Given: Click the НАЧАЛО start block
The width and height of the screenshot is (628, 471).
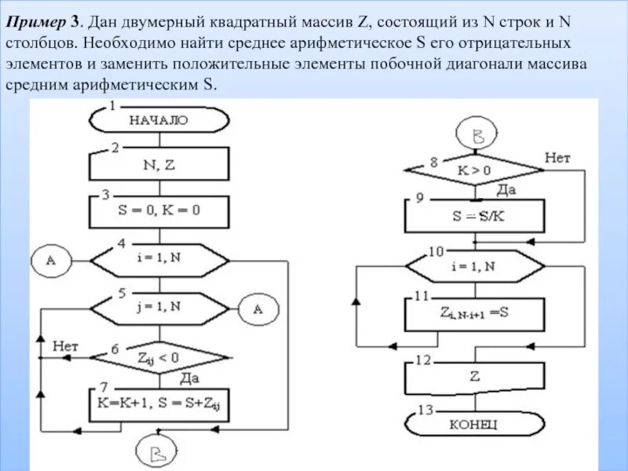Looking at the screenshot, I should pos(160,121).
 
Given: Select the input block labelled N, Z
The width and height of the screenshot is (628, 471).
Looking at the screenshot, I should pos(160,165).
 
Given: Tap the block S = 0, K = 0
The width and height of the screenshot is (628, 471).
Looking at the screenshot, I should pos(160,211).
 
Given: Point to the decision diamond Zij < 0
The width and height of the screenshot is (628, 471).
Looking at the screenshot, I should pos(159,359).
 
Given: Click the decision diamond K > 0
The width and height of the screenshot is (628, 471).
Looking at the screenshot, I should pos(473,170).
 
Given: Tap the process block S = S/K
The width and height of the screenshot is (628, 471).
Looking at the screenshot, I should pos(473,215).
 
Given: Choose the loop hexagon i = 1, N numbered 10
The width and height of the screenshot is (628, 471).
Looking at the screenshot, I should pos(473,267).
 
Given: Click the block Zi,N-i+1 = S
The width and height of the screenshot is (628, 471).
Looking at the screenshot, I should pos(473,313).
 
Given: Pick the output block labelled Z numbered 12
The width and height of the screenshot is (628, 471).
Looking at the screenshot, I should pos(474,377).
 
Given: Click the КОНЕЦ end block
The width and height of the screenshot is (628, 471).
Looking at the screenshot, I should pos(473,424).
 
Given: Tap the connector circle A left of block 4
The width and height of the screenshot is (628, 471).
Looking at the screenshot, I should pos(52,261).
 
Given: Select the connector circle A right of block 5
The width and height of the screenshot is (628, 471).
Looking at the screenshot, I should pos(258,309).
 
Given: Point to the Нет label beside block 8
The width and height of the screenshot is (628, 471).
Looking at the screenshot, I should pos(557,158).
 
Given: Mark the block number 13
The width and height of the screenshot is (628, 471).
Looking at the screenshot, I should pos(424,410).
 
